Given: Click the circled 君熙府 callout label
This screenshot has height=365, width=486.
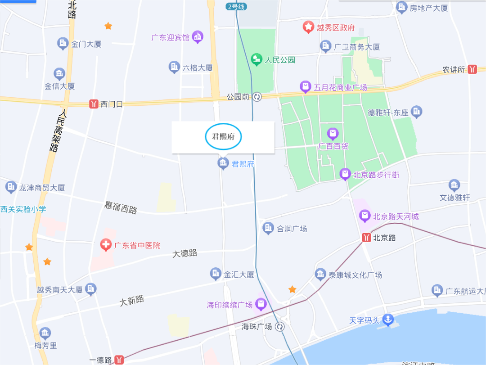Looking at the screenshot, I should [x=223, y=136].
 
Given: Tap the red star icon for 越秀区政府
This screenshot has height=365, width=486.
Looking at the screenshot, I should [x=308, y=27].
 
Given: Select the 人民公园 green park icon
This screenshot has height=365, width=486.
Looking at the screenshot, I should [x=256, y=59].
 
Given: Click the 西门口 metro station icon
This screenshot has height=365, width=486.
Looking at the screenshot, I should [x=94, y=104].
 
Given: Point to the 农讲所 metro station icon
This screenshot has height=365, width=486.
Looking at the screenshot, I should [x=472, y=69].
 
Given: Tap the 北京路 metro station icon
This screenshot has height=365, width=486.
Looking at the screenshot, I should [x=367, y=238].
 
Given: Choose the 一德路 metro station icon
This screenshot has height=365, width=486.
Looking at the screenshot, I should [x=119, y=360].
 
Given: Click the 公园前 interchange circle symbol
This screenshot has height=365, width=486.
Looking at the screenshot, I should [x=257, y=97].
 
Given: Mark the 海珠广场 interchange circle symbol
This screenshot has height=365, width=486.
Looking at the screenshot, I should [x=280, y=327].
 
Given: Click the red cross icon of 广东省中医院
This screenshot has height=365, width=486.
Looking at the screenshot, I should [x=106, y=245].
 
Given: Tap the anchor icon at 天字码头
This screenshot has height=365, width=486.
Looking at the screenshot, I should [x=387, y=320].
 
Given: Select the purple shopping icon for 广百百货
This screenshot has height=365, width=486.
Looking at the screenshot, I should [x=333, y=134].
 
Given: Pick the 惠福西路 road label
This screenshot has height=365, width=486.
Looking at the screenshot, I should [x=121, y=207].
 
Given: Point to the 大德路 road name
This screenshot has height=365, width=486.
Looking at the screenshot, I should [x=185, y=253].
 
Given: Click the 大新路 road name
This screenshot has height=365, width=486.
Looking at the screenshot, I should [x=132, y=301].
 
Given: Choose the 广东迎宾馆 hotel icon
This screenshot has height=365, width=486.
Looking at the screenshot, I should [x=198, y=37].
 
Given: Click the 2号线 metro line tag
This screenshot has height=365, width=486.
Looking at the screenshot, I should [x=236, y=6].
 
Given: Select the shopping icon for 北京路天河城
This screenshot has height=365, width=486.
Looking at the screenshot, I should [x=365, y=216].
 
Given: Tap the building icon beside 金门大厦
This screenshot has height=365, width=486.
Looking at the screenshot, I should [x=63, y=44].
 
